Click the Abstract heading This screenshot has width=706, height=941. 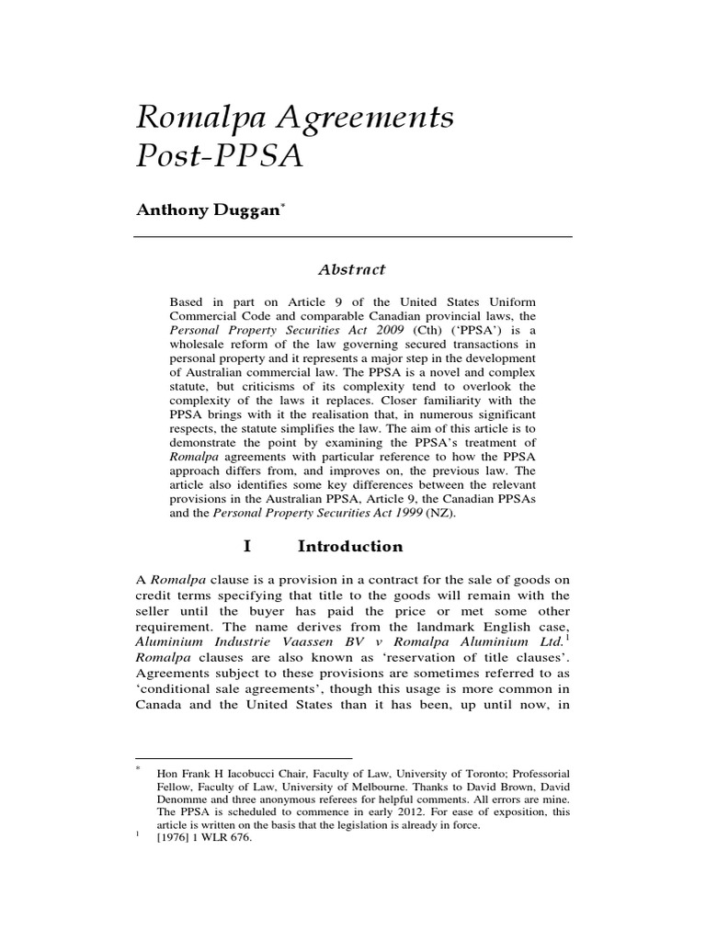tap(352, 270)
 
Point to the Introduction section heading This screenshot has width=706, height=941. tap(350, 546)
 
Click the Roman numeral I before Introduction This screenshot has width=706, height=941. tap(246, 546)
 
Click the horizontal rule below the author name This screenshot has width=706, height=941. tap(353, 237)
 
